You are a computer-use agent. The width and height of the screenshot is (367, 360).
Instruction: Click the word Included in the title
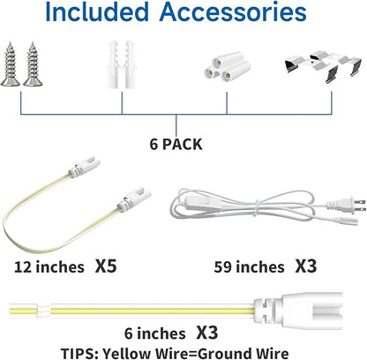(97, 11)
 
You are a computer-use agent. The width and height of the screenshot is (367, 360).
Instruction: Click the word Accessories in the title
(233, 11)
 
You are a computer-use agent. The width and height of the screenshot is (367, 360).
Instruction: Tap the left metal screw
(11, 64)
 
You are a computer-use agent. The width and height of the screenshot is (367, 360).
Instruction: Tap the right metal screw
(33, 64)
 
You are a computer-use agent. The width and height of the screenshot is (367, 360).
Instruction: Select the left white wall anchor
(114, 64)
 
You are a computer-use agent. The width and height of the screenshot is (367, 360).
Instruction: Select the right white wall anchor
(130, 64)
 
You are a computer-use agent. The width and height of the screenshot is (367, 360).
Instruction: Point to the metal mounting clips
(323, 66)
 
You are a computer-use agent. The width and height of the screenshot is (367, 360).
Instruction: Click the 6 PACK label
(176, 145)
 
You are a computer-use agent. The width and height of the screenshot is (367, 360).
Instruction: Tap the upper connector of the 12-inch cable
(84, 168)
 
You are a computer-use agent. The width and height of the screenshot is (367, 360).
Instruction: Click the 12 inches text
(49, 267)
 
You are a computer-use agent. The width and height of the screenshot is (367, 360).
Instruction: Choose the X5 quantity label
(106, 266)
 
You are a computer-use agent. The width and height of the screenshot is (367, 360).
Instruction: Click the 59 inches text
(250, 267)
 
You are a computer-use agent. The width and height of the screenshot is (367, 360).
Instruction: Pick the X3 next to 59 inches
(306, 266)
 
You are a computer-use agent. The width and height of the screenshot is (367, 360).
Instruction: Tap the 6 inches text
(155, 334)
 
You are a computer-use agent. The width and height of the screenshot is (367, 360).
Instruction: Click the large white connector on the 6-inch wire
(299, 311)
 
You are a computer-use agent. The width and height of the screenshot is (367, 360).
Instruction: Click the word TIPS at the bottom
(79, 353)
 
